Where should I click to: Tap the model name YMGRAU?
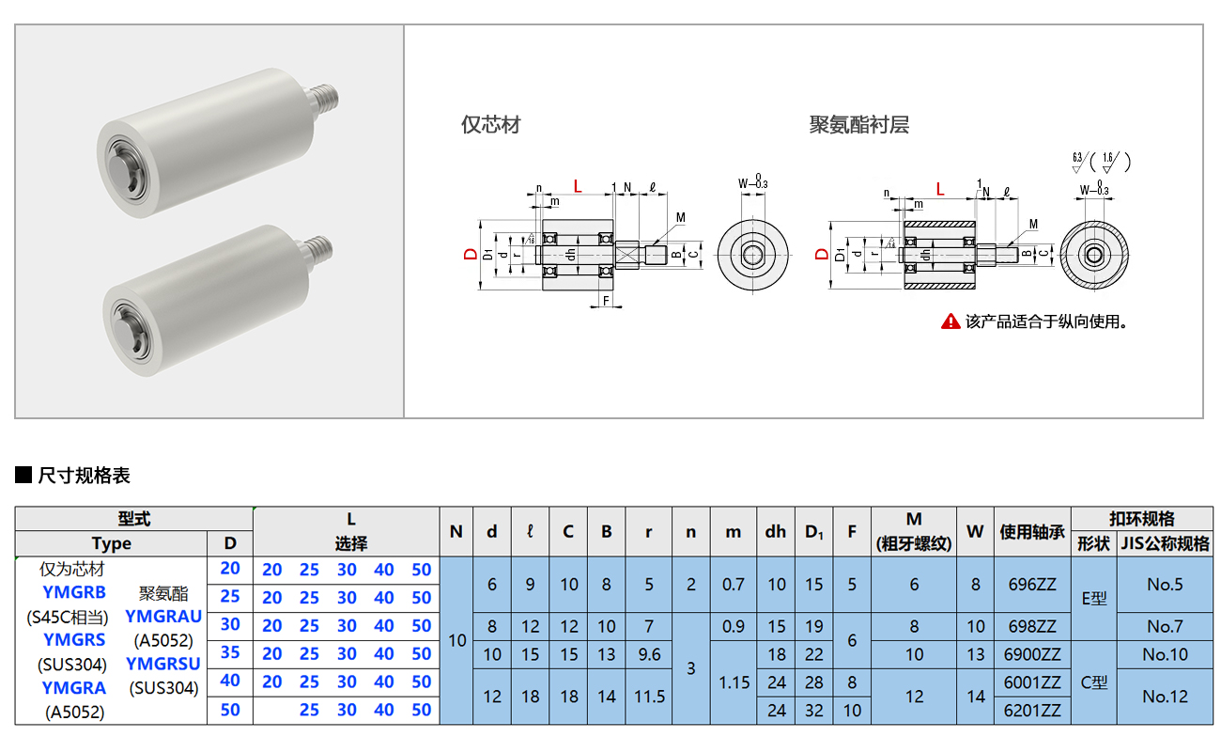pos(163,617)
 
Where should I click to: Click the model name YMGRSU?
pos(163,664)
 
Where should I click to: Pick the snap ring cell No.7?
pos(1165,626)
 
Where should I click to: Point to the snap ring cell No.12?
pos(1165,697)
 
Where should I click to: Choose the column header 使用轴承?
pos(1032,532)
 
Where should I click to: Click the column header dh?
pos(775,532)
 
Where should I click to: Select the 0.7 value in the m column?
pos(734,584)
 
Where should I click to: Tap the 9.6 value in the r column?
pos(649,654)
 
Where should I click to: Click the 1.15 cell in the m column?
pos(734,682)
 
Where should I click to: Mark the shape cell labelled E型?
pos(1094,598)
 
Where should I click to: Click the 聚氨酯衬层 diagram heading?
pos(858,125)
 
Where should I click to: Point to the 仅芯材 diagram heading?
pos(490,125)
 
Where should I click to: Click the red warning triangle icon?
pos(951,321)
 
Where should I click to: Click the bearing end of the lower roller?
pos(124,317)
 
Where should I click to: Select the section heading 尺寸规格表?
pos(84,476)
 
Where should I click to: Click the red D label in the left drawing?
pos(470,255)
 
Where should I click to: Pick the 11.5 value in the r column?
pos(649,697)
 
